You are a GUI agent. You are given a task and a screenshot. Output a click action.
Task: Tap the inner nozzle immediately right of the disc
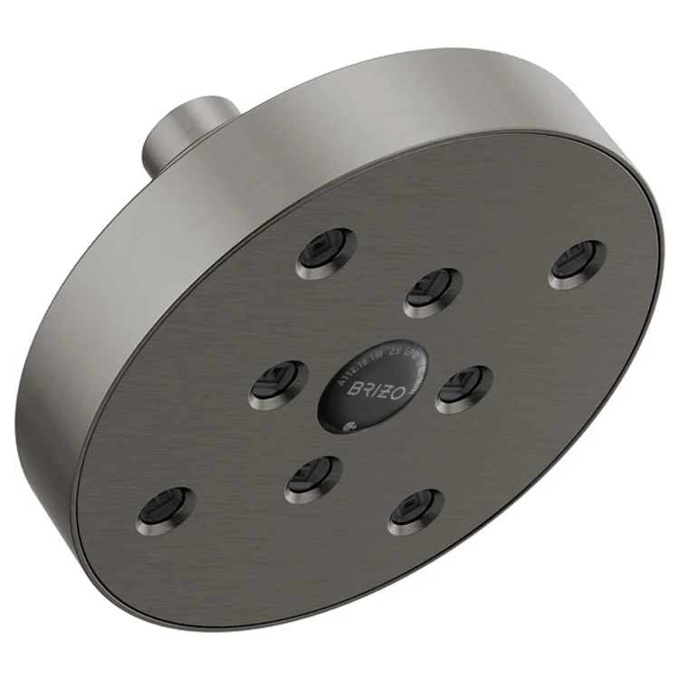[x=464, y=387]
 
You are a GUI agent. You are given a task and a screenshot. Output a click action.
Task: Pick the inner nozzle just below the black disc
[x=312, y=478]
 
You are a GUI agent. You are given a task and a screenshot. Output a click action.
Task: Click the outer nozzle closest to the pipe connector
[x=326, y=253]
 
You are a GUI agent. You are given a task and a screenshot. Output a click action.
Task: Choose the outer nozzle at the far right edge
[x=575, y=263]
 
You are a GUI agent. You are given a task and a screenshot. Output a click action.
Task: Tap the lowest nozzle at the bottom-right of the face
[x=416, y=512]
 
